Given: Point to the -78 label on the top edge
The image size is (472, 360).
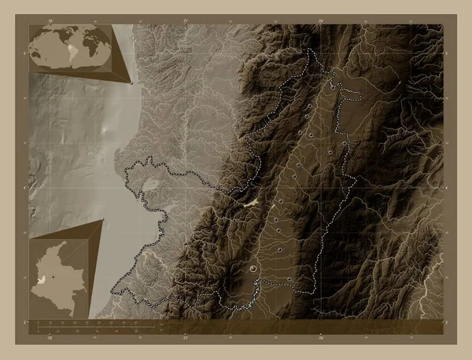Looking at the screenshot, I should (50, 20).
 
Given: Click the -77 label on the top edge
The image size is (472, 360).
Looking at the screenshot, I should (186, 20).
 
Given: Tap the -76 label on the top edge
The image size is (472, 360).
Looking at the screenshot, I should (322, 20).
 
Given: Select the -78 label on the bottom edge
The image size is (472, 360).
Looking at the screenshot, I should (50, 339).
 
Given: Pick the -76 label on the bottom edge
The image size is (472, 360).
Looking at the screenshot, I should (322, 339).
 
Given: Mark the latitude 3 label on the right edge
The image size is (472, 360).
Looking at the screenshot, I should (447, 322).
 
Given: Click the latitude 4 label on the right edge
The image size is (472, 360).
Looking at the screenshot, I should (447, 187).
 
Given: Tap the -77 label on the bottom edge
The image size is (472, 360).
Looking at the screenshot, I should (186, 339).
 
